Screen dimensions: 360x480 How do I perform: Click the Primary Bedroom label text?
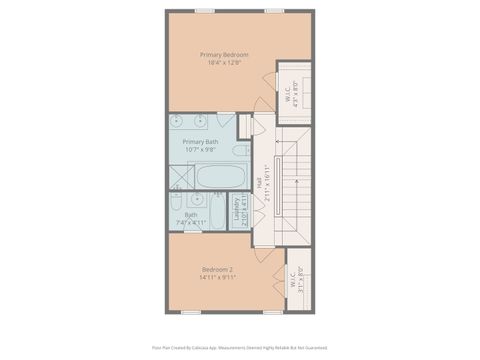point(224,54)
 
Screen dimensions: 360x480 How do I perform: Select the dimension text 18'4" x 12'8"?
point(224,63)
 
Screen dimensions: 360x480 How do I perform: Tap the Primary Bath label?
point(200,142)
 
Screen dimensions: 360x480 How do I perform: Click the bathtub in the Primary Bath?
point(220,177)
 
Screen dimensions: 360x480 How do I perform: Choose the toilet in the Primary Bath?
point(241,151)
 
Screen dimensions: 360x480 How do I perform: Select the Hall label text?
point(263,183)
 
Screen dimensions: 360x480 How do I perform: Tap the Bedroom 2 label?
point(218,270)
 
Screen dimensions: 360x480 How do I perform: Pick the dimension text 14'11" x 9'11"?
point(218,279)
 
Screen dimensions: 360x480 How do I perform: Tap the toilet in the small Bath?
point(205,201)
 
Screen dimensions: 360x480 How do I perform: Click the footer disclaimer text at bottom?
point(240,348)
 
